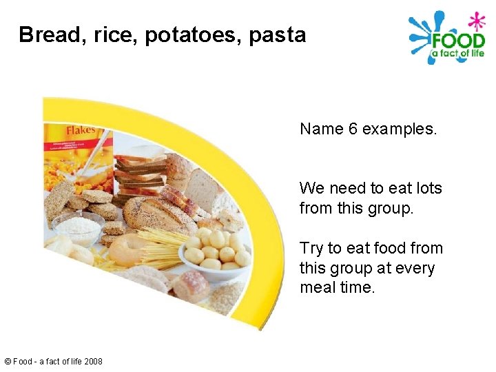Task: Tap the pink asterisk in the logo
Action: point(475,19)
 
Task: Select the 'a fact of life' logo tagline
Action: point(457,54)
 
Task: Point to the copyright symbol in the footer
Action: point(8,361)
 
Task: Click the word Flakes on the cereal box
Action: point(81,130)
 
